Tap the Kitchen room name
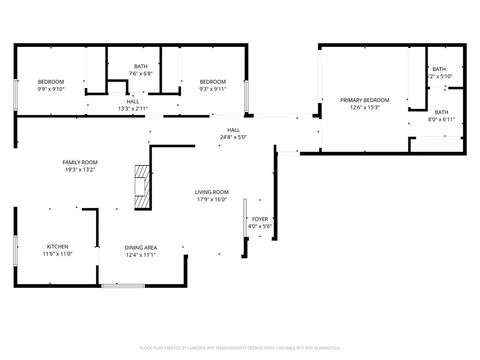(x=57, y=245)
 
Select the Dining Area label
(x=140, y=247)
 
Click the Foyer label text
(x=259, y=218)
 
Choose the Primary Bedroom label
(x=364, y=100)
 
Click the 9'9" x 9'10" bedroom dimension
(x=51, y=89)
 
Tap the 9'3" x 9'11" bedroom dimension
(x=212, y=89)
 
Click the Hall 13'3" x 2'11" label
(x=133, y=105)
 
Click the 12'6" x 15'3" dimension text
(x=364, y=108)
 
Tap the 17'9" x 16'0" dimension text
(x=211, y=199)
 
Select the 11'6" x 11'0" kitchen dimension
(x=57, y=253)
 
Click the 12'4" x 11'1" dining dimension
(x=140, y=255)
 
